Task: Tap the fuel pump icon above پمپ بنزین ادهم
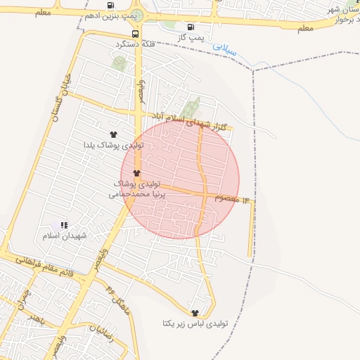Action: click(x=111, y=5)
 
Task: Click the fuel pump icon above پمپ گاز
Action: click(x=191, y=27)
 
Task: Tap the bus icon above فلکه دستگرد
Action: click(x=135, y=33)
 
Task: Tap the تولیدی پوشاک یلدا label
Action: click(x=114, y=145)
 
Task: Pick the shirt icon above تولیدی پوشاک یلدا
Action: click(x=113, y=134)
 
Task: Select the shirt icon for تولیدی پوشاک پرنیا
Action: click(x=136, y=173)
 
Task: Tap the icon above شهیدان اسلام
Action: click(x=64, y=226)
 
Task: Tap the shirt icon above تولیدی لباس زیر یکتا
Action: click(x=194, y=313)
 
